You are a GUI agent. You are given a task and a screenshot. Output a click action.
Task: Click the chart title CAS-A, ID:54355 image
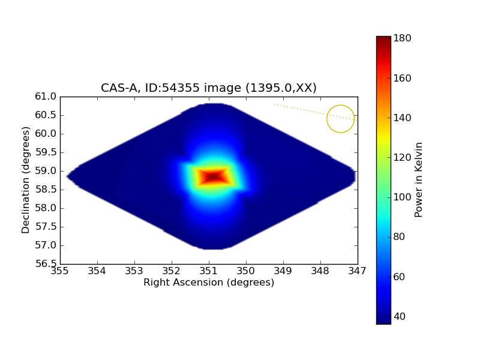coord(208,88)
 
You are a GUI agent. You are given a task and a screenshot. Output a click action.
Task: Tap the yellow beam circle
coord(340,119)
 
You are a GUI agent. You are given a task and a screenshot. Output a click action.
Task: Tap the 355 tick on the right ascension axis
coord(60,271)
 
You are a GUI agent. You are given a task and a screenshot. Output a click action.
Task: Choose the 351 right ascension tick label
coord(209,271)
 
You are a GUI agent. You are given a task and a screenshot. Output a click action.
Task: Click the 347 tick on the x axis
coord(358,271)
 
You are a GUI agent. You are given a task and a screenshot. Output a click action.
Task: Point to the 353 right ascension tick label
coord(134,271)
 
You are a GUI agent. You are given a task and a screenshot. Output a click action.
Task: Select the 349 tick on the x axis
coord(283,271)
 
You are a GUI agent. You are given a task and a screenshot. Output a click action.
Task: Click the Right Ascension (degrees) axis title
coord(209,283)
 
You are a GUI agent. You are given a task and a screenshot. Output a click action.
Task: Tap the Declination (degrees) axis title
coord(26,180)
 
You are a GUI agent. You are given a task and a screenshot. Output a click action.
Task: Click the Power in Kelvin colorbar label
coord(419,180)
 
